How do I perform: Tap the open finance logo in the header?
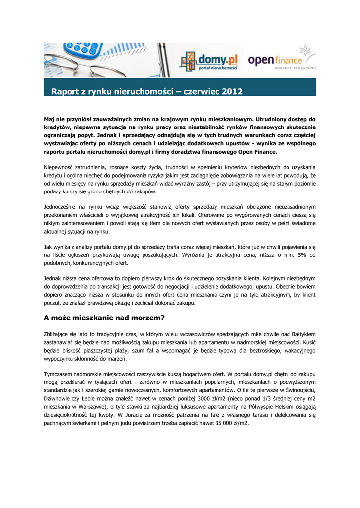pyautogui.click(x=281, y=60)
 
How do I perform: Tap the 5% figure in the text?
pyautogui.click(x=293, y=255)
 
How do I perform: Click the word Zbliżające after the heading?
pyautogui.click(x=60, y=334)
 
